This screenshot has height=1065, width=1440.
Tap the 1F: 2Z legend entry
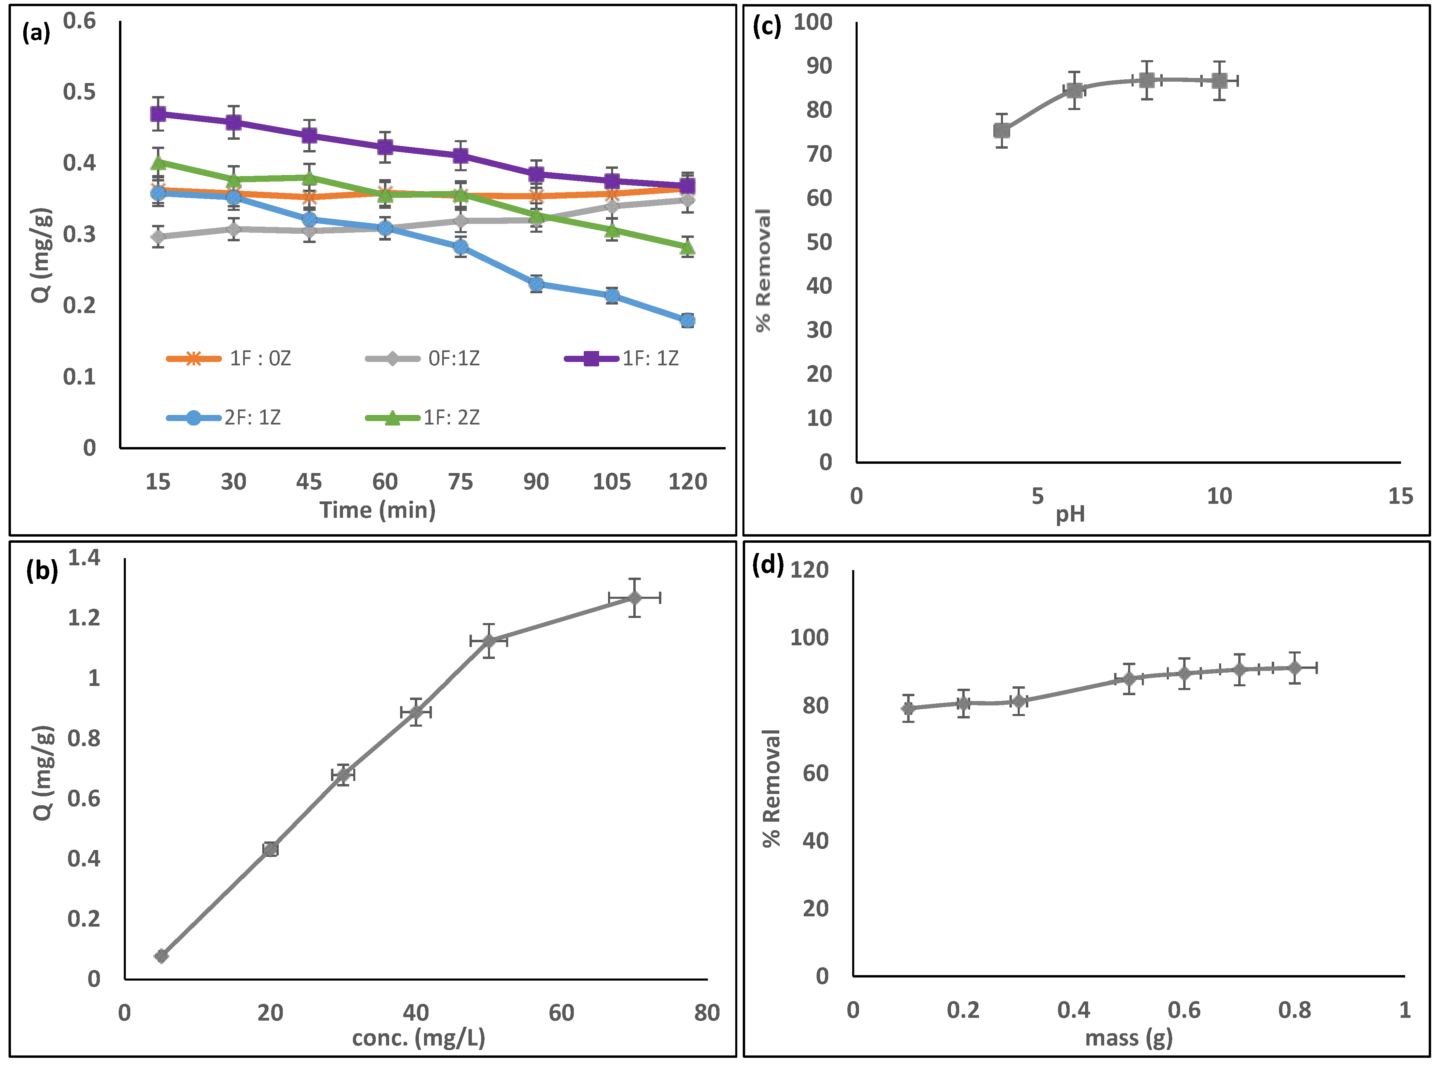tap(422, 418)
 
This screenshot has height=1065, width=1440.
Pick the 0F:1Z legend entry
tap(422, 359)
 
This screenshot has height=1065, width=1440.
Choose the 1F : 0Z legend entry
tap(228, 359)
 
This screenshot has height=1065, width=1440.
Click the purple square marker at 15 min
tap(158, 114)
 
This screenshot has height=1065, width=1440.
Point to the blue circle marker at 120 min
tap(687, 320)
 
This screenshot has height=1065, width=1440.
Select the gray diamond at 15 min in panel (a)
tap(158, 237)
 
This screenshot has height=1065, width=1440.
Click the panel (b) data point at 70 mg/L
tap(635, 598)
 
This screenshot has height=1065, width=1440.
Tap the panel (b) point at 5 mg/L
tap(161, 955)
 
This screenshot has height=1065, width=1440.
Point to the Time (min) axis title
tap(378, 510)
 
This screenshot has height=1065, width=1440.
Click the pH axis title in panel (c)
tap(1070, 514)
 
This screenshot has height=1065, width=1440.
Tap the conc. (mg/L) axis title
tap(419, 1037)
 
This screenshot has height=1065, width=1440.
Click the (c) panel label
tap(767, 27)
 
